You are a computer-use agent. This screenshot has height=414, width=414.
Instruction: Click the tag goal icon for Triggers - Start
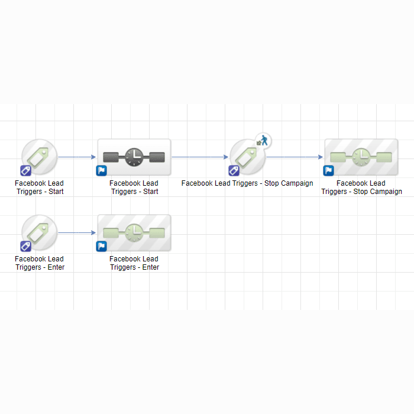coord(40,157)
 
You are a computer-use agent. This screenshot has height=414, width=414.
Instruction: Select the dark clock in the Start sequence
coord(134,157)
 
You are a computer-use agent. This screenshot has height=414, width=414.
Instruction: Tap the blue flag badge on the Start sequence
coord(101,170)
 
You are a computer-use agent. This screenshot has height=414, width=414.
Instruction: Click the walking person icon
coord(263,141)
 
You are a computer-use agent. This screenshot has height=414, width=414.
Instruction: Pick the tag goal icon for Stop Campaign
coord(247,157)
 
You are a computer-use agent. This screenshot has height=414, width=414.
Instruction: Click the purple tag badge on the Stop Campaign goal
coord(234,170)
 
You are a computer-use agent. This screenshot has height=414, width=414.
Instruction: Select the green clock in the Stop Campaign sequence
coord(361,157)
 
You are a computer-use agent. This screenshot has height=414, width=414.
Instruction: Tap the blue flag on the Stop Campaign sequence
coord(328,170)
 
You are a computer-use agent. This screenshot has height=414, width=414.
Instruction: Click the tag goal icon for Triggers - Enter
coord(40,232)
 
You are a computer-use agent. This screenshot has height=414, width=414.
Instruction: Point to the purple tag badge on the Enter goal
coord(25,247)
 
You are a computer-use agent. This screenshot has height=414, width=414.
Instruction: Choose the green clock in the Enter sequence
coord(134,233)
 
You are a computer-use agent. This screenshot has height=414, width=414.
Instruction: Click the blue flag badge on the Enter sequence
coord(101,247)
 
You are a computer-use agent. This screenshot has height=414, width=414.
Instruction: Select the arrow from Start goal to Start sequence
coord(77,157)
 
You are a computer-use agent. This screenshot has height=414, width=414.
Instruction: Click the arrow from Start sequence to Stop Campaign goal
coord(200,157)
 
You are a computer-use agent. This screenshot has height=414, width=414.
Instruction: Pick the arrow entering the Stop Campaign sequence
coord(295,157)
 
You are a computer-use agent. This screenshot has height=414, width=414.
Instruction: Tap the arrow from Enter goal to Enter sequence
coord(77,232)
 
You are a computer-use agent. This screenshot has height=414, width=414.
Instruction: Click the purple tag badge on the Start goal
coord(25,170)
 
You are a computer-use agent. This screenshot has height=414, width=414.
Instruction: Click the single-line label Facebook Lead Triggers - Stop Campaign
coord(247,183)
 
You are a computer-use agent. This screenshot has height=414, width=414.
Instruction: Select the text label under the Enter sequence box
coord(134,263)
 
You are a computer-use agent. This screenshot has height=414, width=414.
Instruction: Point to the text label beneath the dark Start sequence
coord(134,187)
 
